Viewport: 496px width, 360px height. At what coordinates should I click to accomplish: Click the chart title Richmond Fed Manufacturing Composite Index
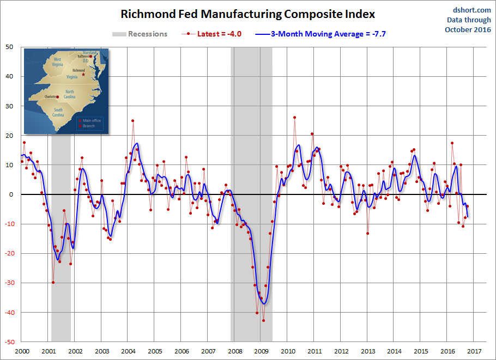(247, 14)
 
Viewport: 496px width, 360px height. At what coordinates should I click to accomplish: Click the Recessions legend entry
(140, 34)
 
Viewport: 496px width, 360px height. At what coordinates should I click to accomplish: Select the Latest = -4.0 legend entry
(214, 34)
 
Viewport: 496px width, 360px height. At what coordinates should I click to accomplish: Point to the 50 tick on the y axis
(10, 47)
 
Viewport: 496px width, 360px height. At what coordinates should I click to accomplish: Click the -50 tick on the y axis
(9, 342)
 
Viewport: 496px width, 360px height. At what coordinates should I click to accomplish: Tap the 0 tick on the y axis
(12, 194)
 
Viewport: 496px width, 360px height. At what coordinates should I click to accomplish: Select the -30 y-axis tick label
(9, 283)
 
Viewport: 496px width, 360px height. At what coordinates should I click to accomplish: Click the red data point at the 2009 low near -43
(263, 321)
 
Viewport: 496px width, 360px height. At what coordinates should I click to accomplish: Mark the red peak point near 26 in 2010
(294, 117)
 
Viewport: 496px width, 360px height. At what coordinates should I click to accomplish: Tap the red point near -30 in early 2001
(53, 282)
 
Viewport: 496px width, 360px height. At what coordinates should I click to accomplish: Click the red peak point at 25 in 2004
(132, 120)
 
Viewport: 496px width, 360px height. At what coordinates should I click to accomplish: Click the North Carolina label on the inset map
(70, 94)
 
